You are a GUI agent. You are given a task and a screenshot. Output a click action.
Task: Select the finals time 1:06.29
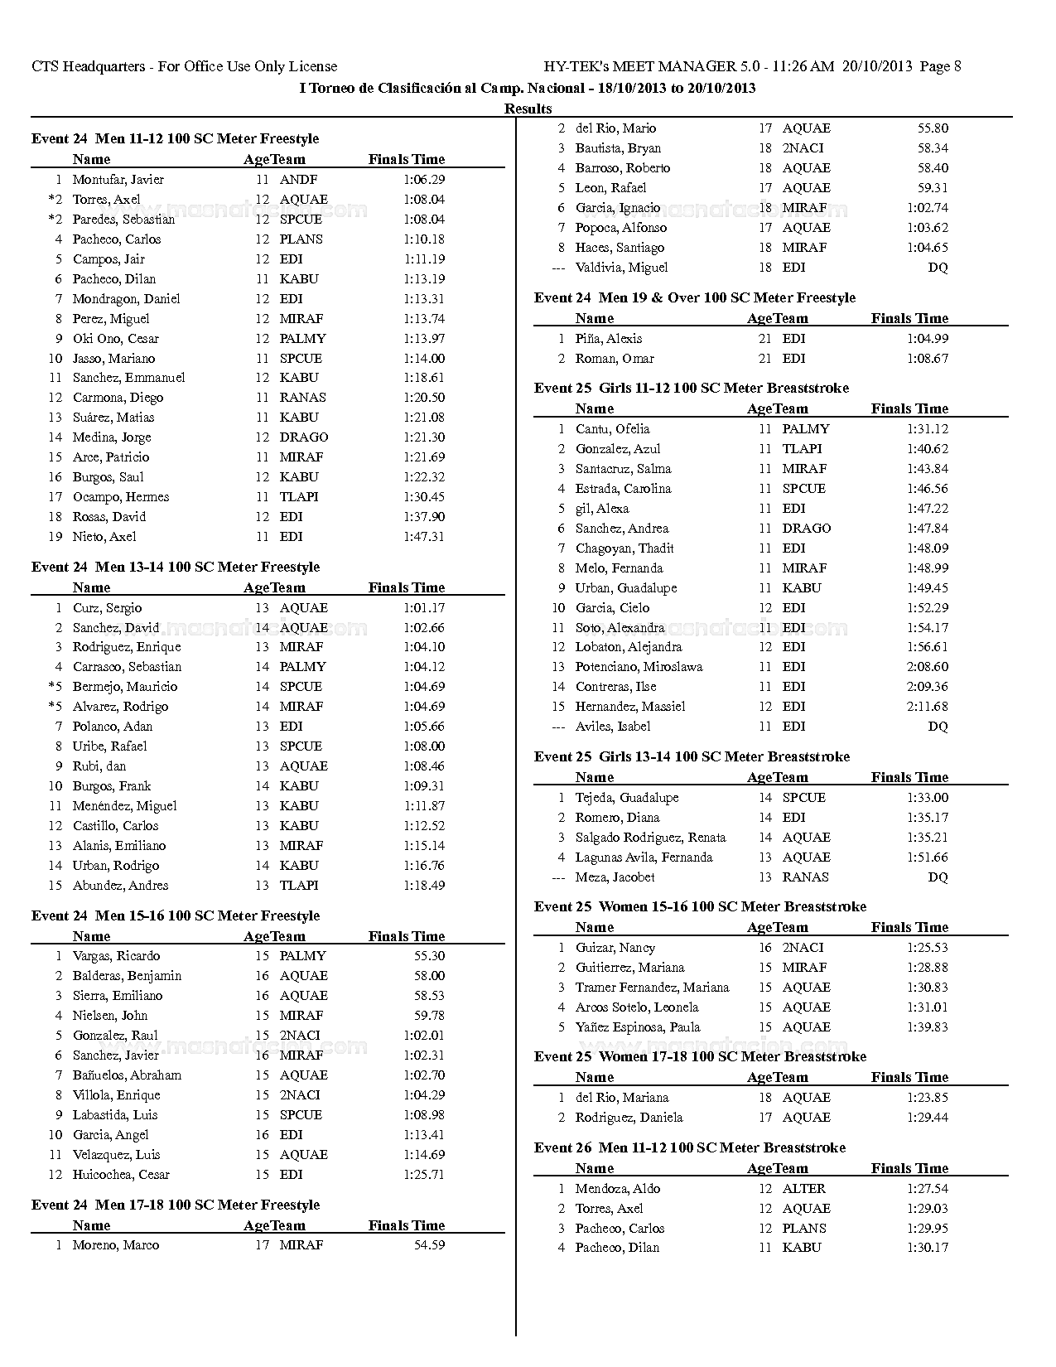[424, 180]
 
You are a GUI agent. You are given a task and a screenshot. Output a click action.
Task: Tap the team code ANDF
[298, 180]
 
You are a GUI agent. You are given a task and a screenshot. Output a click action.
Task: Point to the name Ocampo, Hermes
[120, 497]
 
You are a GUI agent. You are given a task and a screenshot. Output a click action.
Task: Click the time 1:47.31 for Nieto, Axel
[424, 537]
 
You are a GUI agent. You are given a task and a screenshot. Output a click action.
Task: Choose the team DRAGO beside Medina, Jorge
[303, 437]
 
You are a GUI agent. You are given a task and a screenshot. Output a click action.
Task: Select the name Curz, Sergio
[107, 608]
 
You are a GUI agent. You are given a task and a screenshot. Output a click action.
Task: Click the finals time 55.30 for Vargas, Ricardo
[429, 956]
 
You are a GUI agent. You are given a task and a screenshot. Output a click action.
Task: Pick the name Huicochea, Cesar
[120, 1175]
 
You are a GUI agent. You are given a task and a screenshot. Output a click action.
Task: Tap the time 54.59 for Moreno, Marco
[429, 1245]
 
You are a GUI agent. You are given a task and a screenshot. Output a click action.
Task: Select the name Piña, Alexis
[608, 339]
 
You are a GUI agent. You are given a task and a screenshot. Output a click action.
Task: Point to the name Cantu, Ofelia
[612, 429]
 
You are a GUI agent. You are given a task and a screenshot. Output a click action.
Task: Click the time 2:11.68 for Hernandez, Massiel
[928, 707]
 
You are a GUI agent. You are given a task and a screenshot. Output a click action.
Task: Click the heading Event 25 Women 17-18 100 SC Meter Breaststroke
[700, 1056]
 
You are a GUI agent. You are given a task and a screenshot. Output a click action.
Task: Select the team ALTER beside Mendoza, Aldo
[803, 1189]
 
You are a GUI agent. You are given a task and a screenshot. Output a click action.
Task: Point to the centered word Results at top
[528, 109]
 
